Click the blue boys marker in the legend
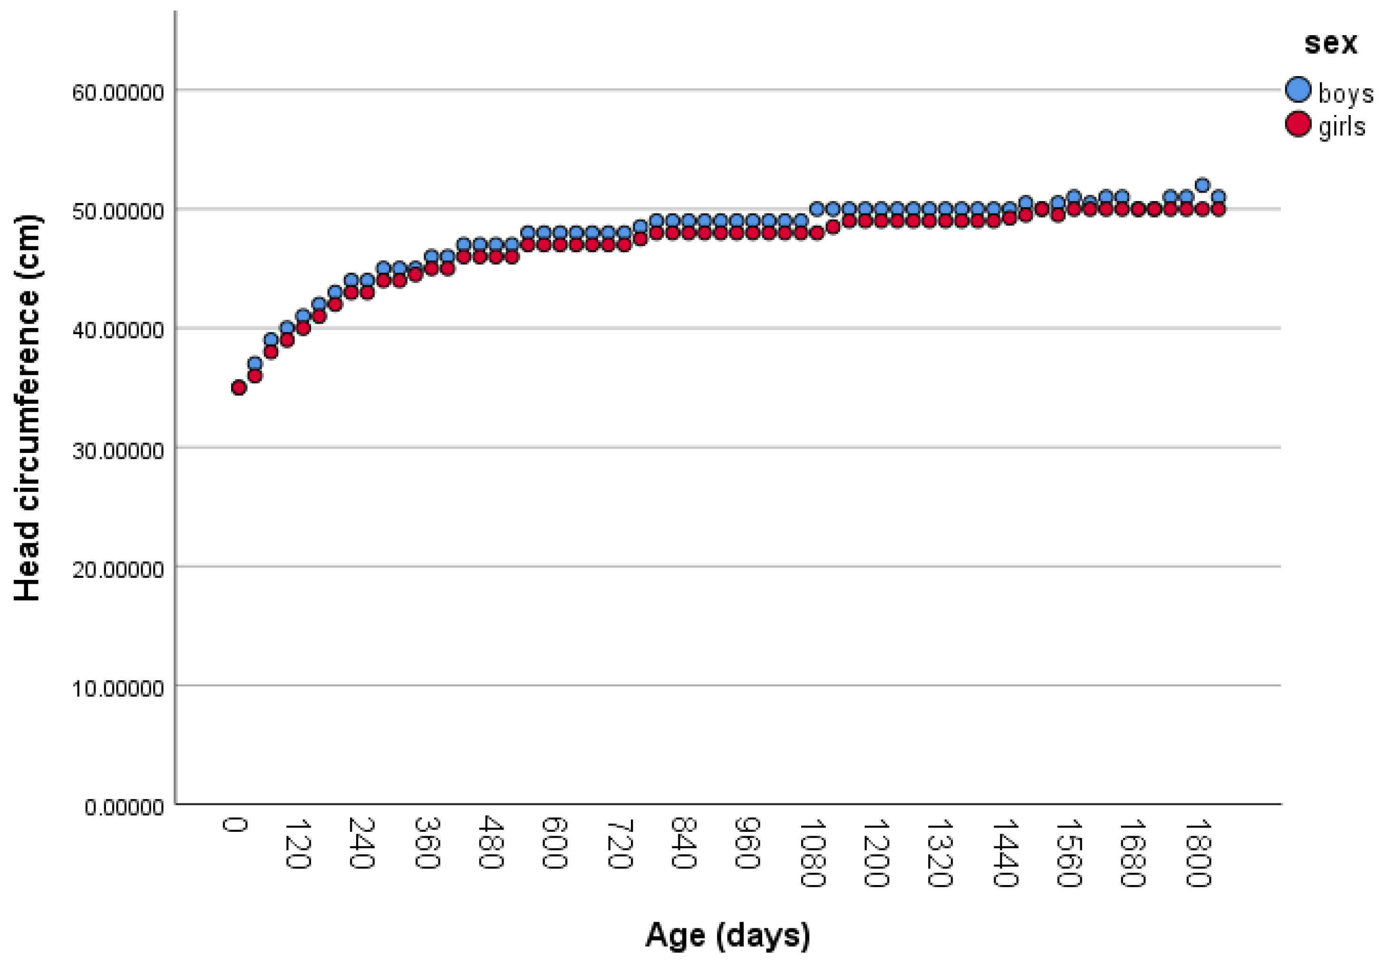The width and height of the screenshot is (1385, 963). [1298, 89]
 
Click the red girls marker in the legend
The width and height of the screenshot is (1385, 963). [1298, 124]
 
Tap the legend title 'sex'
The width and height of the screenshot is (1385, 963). [1331, 43]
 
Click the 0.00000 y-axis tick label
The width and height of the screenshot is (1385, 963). [124, 807]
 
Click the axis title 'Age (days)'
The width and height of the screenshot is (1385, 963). [727, 935]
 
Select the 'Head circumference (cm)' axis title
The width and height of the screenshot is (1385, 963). [27, 408]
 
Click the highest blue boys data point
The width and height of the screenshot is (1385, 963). [1201, 185]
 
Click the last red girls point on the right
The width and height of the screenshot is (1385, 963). [1218, 209]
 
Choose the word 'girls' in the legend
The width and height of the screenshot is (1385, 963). [1342, 126]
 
